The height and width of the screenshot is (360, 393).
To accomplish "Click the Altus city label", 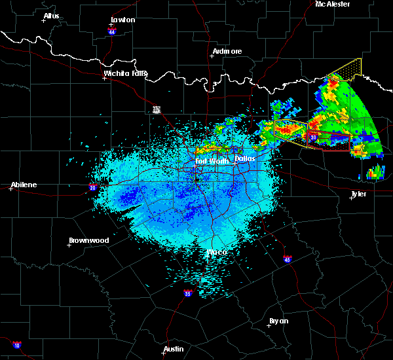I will pyautogui.click(x=51, y=15).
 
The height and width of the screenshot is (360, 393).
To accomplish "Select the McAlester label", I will pyautogui.click(x=333, y=4).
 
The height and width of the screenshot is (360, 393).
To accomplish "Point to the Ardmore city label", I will pyautogui.click(x=227, y=51).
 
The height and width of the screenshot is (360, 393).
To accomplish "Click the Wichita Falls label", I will pyautogui.click(x=126, y=73).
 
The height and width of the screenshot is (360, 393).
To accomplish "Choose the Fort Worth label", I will pyautogui.click(x=210, y=161).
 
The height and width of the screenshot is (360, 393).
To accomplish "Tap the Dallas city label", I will pyautogui.click(x=244, y=158).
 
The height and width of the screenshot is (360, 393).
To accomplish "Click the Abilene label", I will pyautogui.click(x=24, y=185).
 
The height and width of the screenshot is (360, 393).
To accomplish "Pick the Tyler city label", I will pyautogui.click(x=358, y=194).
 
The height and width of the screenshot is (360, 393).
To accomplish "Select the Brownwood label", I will pyautogui.click(x=90, y=240).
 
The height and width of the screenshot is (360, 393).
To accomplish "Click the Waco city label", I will pyautogui.click(x=217, y=252).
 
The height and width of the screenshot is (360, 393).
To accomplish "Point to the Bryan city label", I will pyautogui.click(x=279, y=321).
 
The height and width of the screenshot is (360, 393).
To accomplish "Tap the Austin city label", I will pyautogui.click(x=174, y=349).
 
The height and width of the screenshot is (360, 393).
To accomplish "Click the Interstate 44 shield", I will pyautogui.click(x=112, y=30).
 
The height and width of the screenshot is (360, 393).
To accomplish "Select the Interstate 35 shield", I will pyautogui.click(x=188, y=293).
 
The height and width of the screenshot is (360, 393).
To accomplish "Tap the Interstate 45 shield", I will pyautogui.click(x=288, y=260).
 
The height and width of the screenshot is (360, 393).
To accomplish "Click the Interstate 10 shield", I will pyautogui.click(x=17, y=345).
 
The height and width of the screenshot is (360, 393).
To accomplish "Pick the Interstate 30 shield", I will pyautogui.click(x=314, y=137).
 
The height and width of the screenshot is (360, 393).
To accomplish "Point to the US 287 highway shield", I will pyautogui.click(x=157, y=109).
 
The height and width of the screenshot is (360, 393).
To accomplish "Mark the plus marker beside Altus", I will pyautogui.click(x=44, y=21).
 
